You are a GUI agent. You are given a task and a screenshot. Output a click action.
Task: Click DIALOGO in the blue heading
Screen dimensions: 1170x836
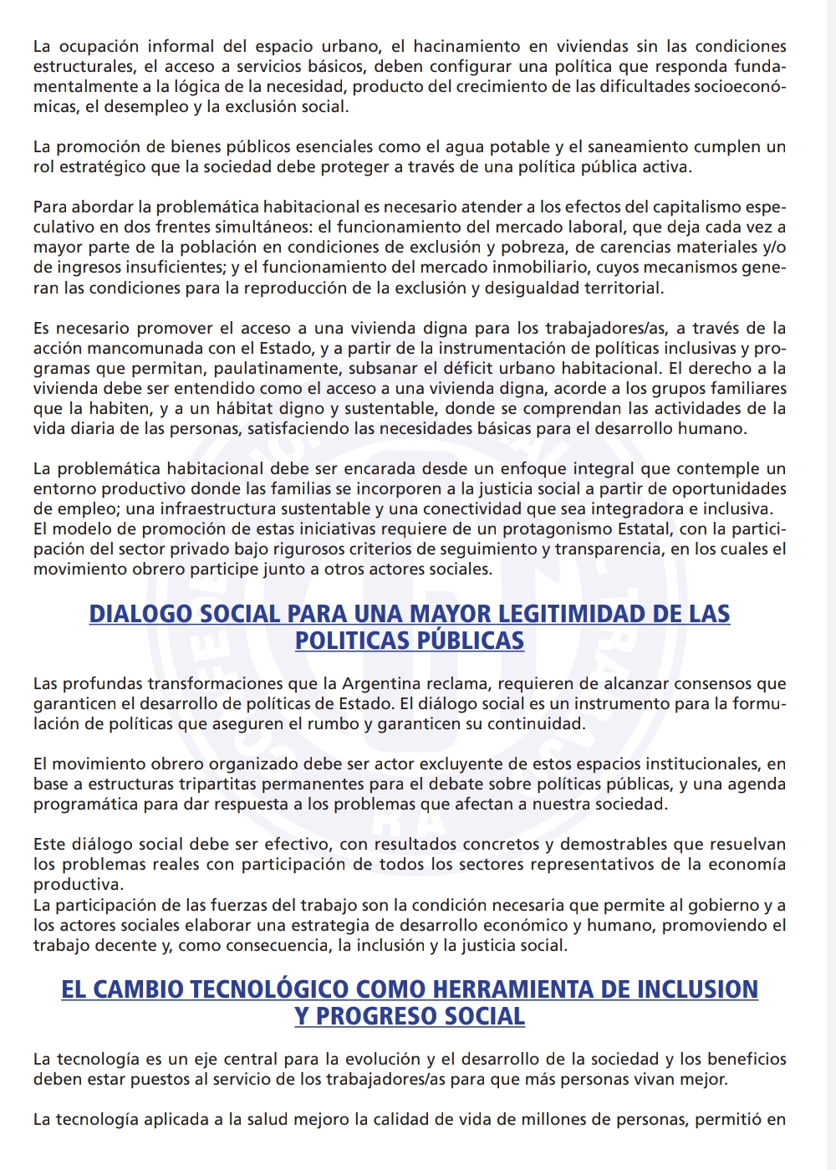coord(140,614)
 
